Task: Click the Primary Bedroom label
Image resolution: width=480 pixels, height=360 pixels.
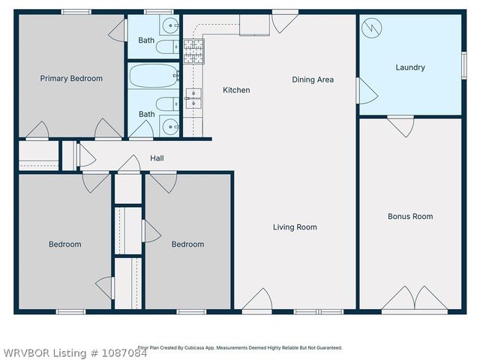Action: pos(71,79)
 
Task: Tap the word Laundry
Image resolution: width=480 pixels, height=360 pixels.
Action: pos(409,67)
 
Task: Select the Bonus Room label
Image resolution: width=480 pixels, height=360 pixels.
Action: pos(409,217)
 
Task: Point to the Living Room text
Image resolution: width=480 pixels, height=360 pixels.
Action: pos(294,227)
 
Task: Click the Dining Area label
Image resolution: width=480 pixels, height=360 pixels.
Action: pos(313,79)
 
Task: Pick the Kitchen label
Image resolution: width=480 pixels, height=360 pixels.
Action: pos(236,91)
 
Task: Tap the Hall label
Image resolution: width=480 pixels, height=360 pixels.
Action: pos(157,158)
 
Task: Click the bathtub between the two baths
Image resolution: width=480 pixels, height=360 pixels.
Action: pos(154,75)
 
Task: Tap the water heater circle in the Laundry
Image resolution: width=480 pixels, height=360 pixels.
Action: pos(370,28)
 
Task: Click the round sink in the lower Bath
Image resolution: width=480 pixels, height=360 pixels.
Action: pos(170,126)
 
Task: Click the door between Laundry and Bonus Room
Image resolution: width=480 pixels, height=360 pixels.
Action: pos(400,124)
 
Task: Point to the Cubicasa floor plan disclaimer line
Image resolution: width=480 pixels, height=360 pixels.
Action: pos(240,348)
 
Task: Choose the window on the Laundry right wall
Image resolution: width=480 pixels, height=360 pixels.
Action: pos(463,65)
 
